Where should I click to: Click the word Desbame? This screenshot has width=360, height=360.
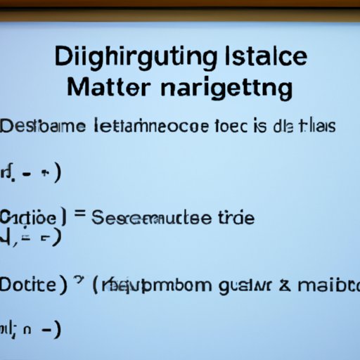tap(45, 127)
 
